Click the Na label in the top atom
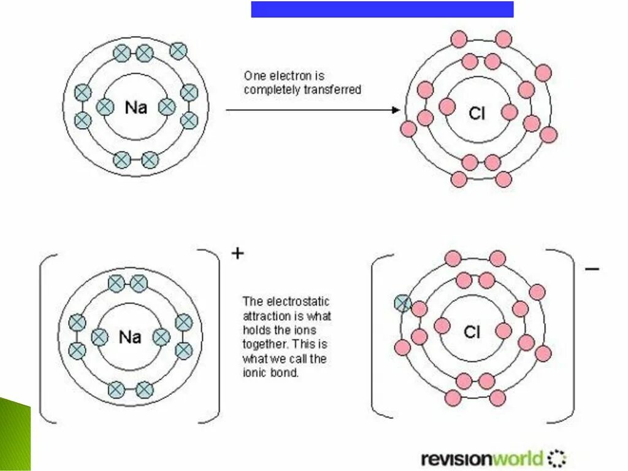(x=136, y=108)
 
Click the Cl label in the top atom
(x=477, y=113)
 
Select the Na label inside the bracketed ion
(x=130, y=337)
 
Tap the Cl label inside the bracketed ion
(x=472, y=332)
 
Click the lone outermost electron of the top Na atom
(x=178, y=50)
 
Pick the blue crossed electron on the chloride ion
(x=402, y=302)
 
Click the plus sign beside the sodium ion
(x=237, y=253)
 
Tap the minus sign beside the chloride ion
(x=592, y=269)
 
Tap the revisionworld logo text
(x=482, y=458)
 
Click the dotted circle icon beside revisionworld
(x=557, y=458)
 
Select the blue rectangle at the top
(x=382, y=9)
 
